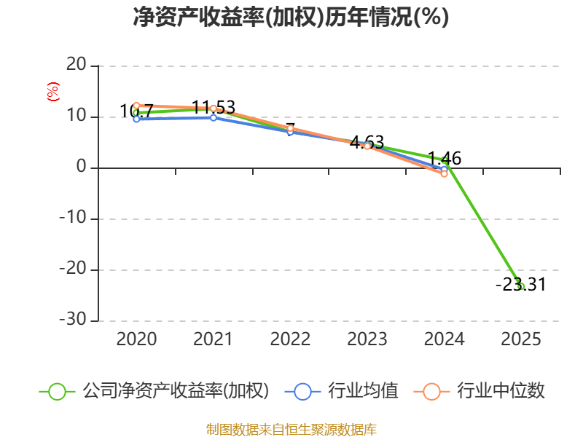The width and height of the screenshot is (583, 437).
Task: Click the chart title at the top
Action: [x=291, y=17]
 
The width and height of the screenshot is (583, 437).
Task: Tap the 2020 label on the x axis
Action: [x=136, y=339]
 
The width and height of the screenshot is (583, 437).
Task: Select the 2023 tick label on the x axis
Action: [x=367, y=339]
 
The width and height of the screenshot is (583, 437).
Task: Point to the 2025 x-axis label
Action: [x=521, y=339]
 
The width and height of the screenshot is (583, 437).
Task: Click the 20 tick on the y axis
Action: [x=77, y=65]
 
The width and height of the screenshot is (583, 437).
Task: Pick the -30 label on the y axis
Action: [x=73, y=319]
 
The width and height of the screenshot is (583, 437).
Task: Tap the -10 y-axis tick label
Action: [x=73, y=217]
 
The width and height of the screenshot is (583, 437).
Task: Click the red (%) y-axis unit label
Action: [x=52, y=92]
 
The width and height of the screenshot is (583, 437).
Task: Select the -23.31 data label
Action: [x=521, y=285]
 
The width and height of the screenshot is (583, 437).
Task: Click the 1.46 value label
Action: [x=445, y=158]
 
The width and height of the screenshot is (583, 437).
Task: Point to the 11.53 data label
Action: [x=214, y=107]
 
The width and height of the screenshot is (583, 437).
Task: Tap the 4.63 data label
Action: [x=367, y=142]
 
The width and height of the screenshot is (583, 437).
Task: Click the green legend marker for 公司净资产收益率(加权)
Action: [x=58, y=392]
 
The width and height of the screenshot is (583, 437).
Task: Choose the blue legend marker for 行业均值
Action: [x=302, y=392]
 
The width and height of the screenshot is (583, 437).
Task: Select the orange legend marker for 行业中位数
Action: [x=431, y=392]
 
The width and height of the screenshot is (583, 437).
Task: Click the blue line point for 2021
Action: [x=214, y=118]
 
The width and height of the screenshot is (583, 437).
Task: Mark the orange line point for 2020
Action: [x=136, y=106]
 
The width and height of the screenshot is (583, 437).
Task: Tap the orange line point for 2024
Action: [x=444, y=173]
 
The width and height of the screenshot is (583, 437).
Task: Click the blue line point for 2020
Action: [x=136, y=119]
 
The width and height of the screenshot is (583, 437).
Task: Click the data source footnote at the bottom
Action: [x=291, y=430]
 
